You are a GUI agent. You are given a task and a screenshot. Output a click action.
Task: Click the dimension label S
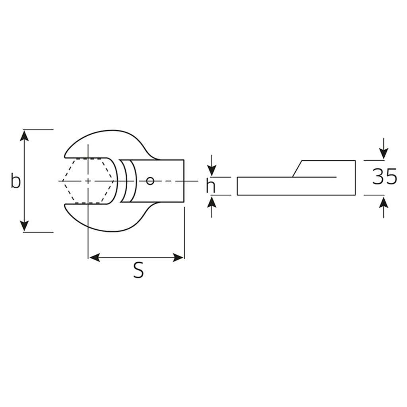pos(138,270)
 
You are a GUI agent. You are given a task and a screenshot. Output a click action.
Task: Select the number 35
pos(385,176)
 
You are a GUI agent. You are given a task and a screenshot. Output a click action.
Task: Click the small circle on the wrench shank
pos(150,181)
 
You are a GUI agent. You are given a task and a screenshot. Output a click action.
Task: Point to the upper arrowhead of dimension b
pos(24,136)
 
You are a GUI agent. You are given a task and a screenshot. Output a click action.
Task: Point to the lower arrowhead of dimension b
pos(24,226)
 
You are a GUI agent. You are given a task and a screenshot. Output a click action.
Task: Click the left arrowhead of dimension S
pos(94,258)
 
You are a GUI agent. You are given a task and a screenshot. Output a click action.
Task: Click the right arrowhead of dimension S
pos(178,258)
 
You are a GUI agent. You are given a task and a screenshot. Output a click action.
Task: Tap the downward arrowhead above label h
pos(212,171)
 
